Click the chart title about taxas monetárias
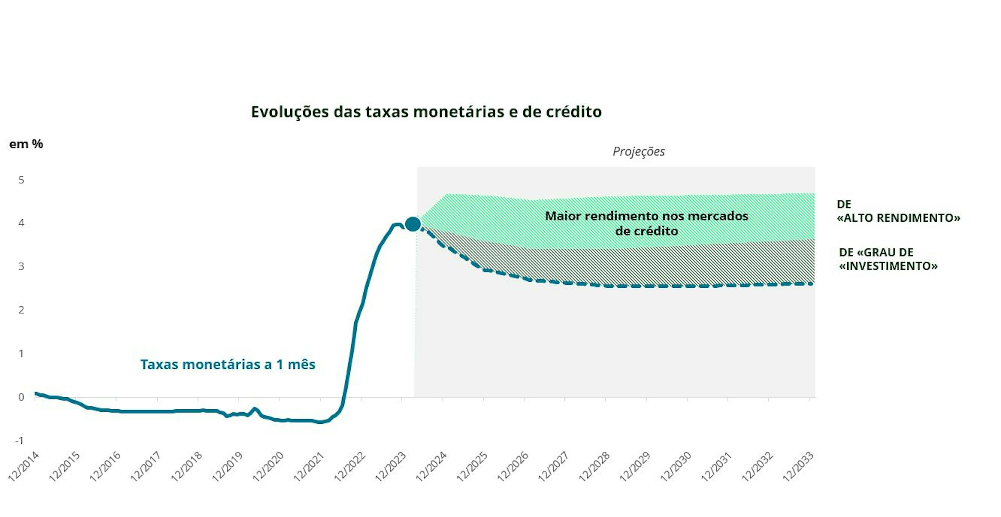[426, 112]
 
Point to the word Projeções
[638, 151]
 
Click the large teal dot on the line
[412, 224]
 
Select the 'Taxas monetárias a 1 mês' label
[228, 365]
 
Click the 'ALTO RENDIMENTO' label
[898, 211]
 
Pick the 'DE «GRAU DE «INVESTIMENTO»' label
[888, 259]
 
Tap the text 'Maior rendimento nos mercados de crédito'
[646, 223]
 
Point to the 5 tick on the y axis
[21, 180]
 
